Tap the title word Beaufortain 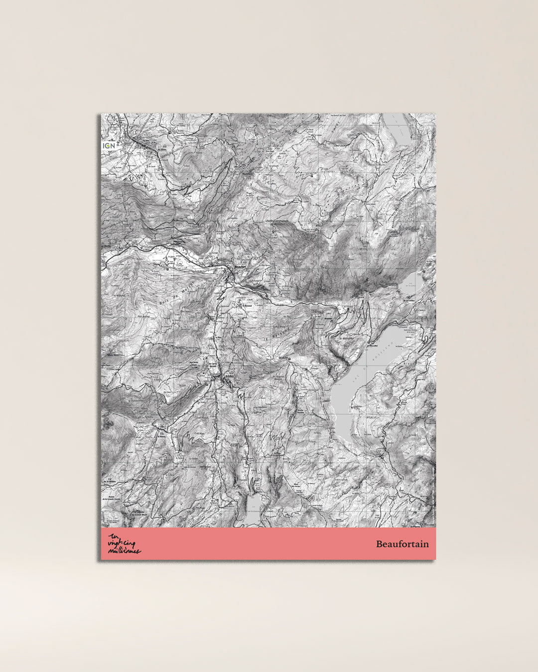tap(402, 544)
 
